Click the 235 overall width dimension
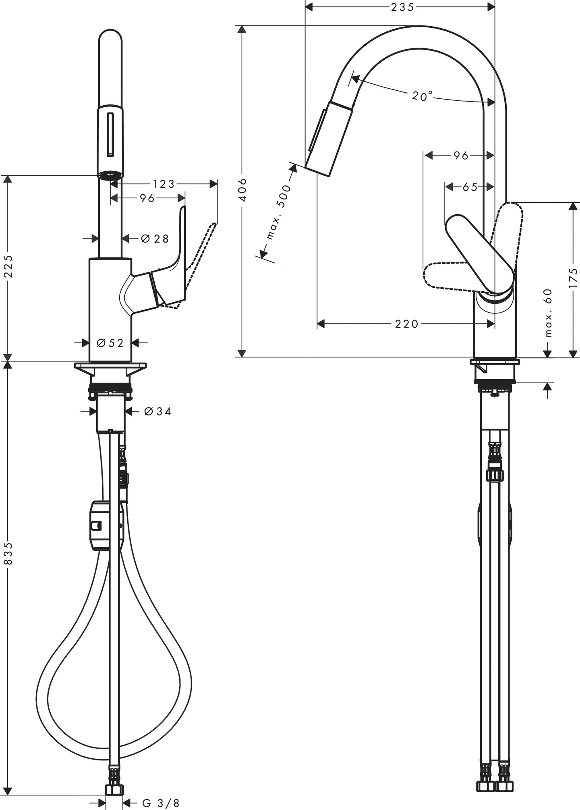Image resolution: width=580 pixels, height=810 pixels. click(402, 7)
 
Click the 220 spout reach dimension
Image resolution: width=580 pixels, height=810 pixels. click(406, 324)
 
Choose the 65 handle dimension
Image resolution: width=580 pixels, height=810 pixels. click(470, 187)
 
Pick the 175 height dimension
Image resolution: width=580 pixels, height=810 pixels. click(574, 278)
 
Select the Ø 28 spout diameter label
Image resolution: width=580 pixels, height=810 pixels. click(155, 239)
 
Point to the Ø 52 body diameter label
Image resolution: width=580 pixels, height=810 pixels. click(110, 343)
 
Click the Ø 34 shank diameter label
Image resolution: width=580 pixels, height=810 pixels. click(157, 411)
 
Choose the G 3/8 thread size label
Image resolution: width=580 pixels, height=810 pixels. click(161, 803)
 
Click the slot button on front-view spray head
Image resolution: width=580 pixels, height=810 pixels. click(110, 135)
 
